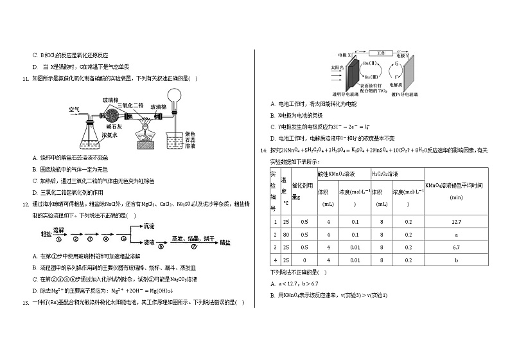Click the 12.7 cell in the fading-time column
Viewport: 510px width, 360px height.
[457, 222]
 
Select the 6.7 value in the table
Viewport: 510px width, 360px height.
[457, 247]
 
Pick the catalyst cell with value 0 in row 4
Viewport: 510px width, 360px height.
[304, 260]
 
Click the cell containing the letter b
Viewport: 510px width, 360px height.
[457, 260]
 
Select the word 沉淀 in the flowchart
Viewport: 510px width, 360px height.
[149, 226]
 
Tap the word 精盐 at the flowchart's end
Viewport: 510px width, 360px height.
[225, 243]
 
